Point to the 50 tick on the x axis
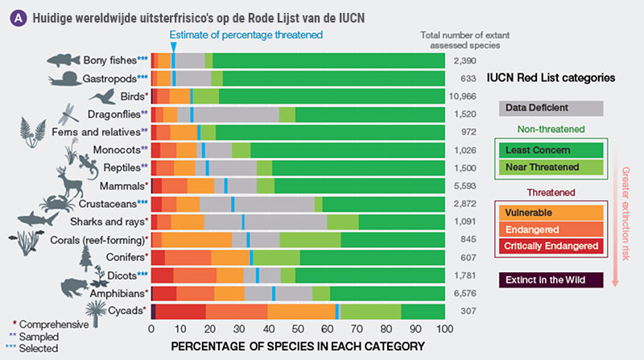pyautogui.click(x=298, y=329)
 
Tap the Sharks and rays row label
pyautogui.click(x=114, y=221)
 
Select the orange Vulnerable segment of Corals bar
pyautogui.click(x=197, y=239)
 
